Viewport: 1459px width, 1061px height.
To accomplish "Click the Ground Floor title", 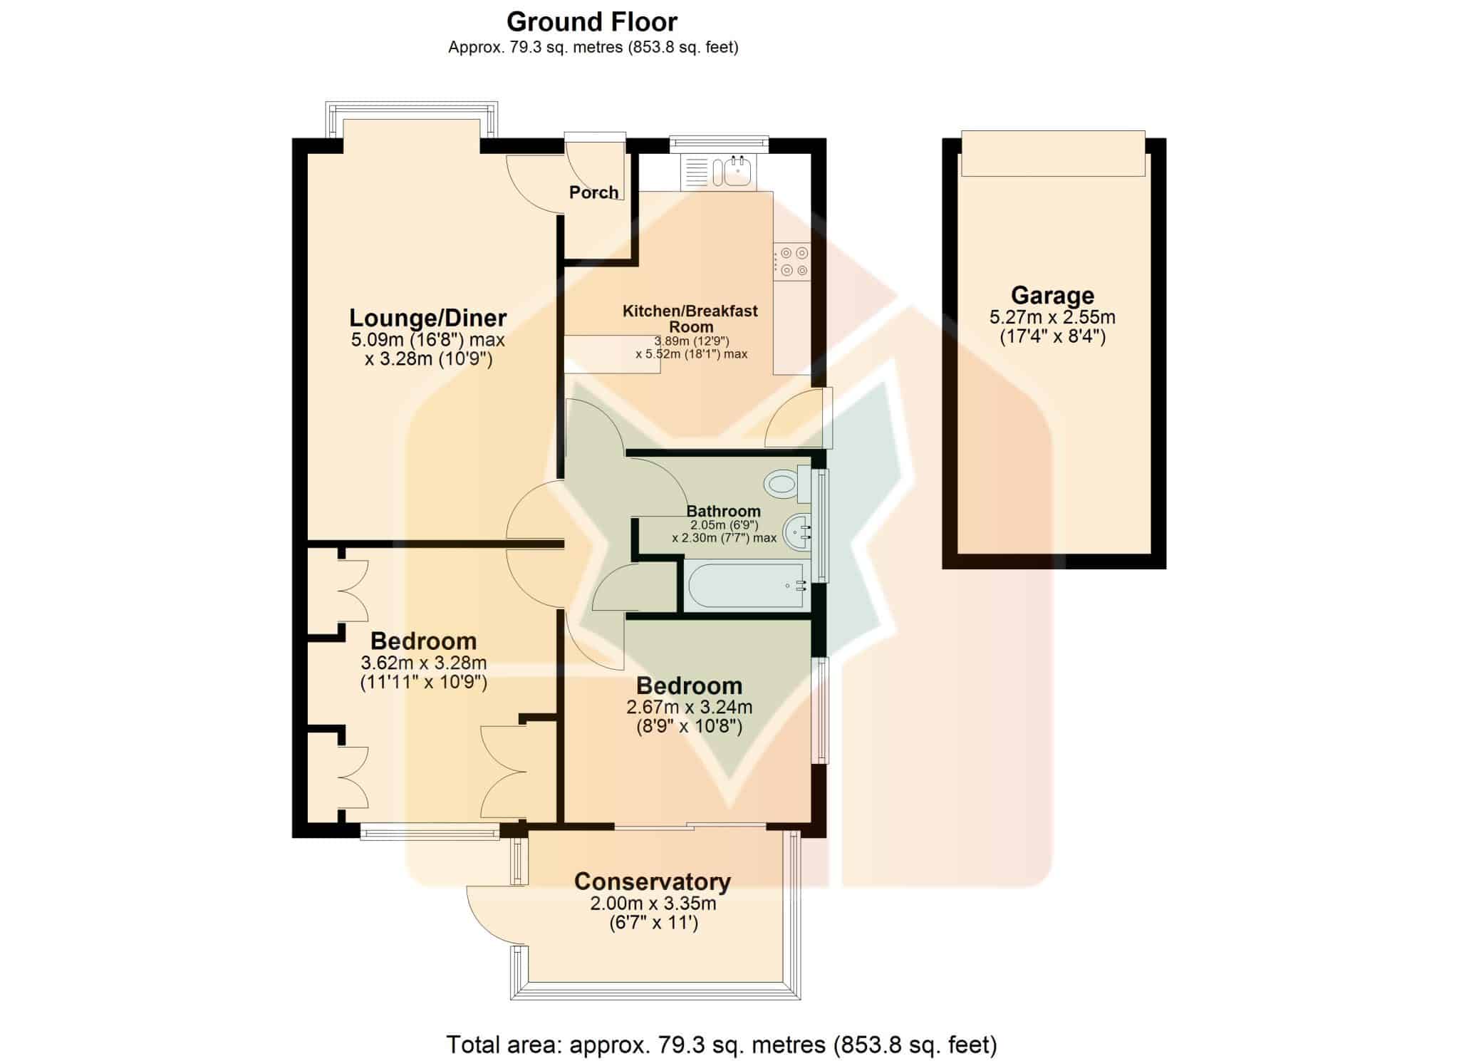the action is click(x=591, y=22).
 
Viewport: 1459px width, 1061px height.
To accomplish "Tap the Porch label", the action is click(x=593, y=192).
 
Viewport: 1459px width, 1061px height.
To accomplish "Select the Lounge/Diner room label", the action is click(x=427, y=317).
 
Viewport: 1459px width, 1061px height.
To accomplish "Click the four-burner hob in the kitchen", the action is click(x=792, y=262).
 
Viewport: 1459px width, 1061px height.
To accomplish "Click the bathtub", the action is click(x=747, y=586).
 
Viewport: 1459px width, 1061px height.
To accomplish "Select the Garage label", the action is click(x=1052, y=295).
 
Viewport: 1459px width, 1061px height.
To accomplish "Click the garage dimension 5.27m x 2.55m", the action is click(x=1052, y=317).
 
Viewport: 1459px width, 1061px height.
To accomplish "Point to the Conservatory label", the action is click(x=653, y=881).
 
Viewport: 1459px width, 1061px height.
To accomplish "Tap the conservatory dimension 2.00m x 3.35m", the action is click(x=653, y=904).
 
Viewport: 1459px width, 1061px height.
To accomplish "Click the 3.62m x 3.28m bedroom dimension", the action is click(x=424, y=663).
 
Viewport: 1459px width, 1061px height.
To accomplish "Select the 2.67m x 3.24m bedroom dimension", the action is click(x=689, y=708).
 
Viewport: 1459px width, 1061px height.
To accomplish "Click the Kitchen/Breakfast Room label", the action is click(x=690, y=319).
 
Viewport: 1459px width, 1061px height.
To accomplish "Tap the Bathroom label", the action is click(x=723, y=511).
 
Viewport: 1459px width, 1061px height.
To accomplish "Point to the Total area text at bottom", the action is click(x=721, y=1045).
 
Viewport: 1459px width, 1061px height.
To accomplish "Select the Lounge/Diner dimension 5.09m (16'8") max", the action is click(x=427, y=339).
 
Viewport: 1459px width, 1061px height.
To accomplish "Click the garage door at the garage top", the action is click(x=1053, y=153).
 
